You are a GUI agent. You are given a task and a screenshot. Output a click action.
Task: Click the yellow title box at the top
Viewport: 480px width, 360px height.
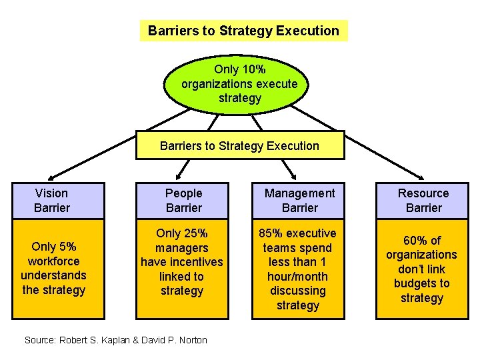243,31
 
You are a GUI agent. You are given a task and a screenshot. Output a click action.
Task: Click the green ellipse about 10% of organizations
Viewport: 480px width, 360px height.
239,84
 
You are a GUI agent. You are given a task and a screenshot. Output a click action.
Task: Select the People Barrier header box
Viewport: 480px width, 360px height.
183,201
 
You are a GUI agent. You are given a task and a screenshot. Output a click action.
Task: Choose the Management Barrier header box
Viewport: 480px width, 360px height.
299,201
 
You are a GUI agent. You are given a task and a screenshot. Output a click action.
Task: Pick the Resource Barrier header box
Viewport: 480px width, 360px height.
423,201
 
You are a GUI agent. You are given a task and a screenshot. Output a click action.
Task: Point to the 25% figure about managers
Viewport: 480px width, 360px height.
195,233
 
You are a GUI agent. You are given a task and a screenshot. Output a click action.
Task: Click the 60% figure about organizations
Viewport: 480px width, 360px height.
413,240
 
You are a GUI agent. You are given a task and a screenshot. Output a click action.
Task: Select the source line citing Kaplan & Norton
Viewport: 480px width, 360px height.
116,340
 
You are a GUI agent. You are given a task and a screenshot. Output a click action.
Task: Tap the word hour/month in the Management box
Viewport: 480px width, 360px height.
297,277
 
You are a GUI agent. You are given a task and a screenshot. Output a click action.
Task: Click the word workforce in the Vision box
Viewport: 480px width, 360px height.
53,261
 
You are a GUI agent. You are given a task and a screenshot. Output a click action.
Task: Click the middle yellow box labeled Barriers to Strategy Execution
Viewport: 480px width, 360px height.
240,146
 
